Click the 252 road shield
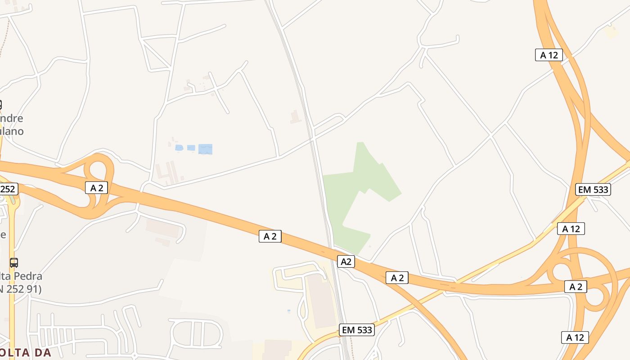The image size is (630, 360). click(8, 189)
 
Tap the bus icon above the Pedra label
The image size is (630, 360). click(14, 262)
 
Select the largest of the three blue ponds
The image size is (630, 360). click(205, 149)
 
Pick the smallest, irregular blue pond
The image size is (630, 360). click(179, 148)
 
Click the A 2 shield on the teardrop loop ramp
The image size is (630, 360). click(96, 188)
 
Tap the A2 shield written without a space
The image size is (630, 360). click(346, 261)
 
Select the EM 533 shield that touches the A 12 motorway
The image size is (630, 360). click(593, 189)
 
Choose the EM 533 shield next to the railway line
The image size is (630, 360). click(357, 330)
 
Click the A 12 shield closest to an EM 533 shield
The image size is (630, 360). click(571, 229)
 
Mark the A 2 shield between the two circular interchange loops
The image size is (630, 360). click(576, 287)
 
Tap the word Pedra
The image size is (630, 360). click(28, 276)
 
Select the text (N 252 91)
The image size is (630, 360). click(21, 289)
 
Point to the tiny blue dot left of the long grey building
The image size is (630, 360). click(289, 310)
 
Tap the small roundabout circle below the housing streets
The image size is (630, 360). click(135, 355)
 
